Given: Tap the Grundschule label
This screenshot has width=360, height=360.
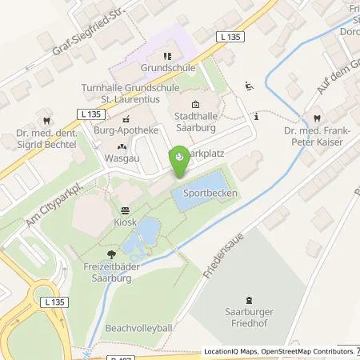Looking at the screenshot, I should click(x=167, y=69).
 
